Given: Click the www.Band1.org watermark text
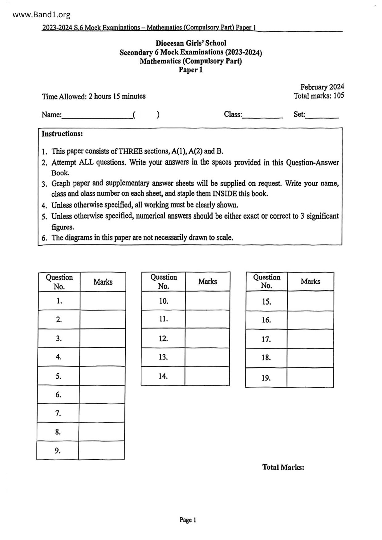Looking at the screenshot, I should [42, 14].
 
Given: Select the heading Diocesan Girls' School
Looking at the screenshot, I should [191, 43].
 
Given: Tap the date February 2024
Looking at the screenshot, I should [322, 87].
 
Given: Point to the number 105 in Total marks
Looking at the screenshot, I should [339, 96].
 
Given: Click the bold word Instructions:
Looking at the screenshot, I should [62, 134].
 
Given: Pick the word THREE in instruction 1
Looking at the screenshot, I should [131, 151].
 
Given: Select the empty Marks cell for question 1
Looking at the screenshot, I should [103, 301].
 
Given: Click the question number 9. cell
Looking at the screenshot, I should [58, 451].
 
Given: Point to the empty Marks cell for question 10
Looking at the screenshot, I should [207, 301].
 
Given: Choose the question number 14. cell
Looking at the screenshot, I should [163, 376].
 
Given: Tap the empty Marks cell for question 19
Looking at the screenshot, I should [310, 377].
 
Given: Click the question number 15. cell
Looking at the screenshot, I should [266, 301].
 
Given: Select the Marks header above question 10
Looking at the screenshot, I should [207, 281].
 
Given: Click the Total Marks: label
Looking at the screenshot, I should [283, 467].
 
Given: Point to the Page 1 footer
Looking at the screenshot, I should [188, 520].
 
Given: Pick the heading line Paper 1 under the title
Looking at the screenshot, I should [191, 70].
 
